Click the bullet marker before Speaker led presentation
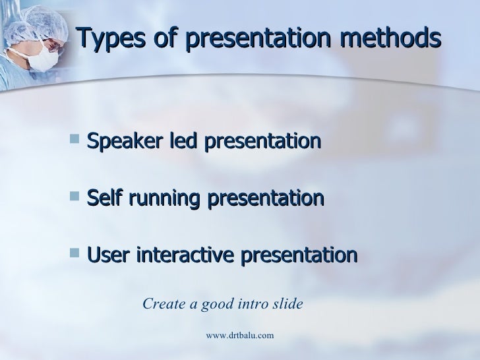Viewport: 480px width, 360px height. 72,141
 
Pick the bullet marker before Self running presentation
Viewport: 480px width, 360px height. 72,198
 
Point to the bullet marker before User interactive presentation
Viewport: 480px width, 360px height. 72,254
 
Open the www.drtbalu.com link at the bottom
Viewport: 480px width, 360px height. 239,336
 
